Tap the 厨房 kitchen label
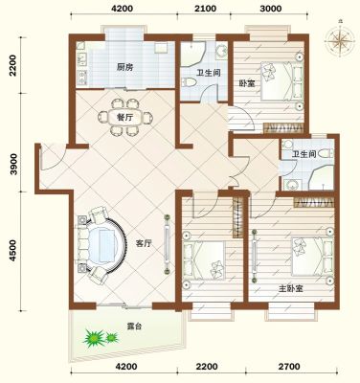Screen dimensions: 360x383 tap(124, 67)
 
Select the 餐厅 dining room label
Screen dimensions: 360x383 tap(124, 118)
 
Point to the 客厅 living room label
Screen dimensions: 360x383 tap(144, 244)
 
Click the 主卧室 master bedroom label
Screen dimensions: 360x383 tap(290, 289)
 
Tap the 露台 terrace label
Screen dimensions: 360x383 tap(134, 327)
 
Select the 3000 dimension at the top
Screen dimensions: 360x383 tap(270, 9)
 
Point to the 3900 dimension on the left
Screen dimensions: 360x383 tap(13, 164)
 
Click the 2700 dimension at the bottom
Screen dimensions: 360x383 tap(289, 366)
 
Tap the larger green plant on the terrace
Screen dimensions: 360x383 tap(94, 339)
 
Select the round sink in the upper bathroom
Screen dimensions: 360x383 tap(221, 51)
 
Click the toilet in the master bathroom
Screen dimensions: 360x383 tap(326, 153)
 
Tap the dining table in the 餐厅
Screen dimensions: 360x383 tap(124, 118)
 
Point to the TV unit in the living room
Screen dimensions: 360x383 tap(167, 244)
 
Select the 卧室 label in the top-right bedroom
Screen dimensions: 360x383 tap(247, 84)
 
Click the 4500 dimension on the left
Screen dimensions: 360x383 tap(13, 251)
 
